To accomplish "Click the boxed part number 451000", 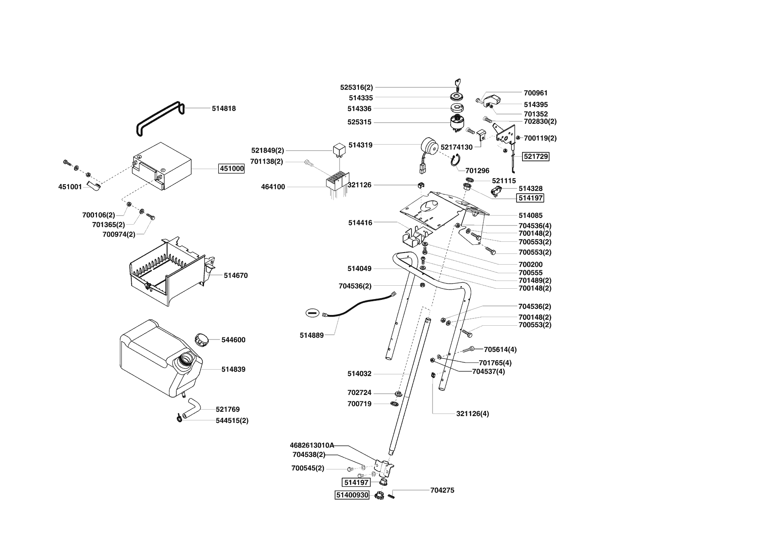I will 232,169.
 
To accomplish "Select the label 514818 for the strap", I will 224,109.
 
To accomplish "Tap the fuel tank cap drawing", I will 201,339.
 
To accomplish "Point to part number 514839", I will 233,369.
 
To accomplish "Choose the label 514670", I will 235,275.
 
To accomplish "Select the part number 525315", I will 359,122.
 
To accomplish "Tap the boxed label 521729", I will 536,157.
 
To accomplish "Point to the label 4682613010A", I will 312,445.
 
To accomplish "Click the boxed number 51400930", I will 352,495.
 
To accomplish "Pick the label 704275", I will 442,490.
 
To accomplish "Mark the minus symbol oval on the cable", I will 312,313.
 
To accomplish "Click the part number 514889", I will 312,335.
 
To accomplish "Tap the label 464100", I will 273,187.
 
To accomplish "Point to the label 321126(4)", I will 473,414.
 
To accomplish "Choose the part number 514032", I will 359,374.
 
